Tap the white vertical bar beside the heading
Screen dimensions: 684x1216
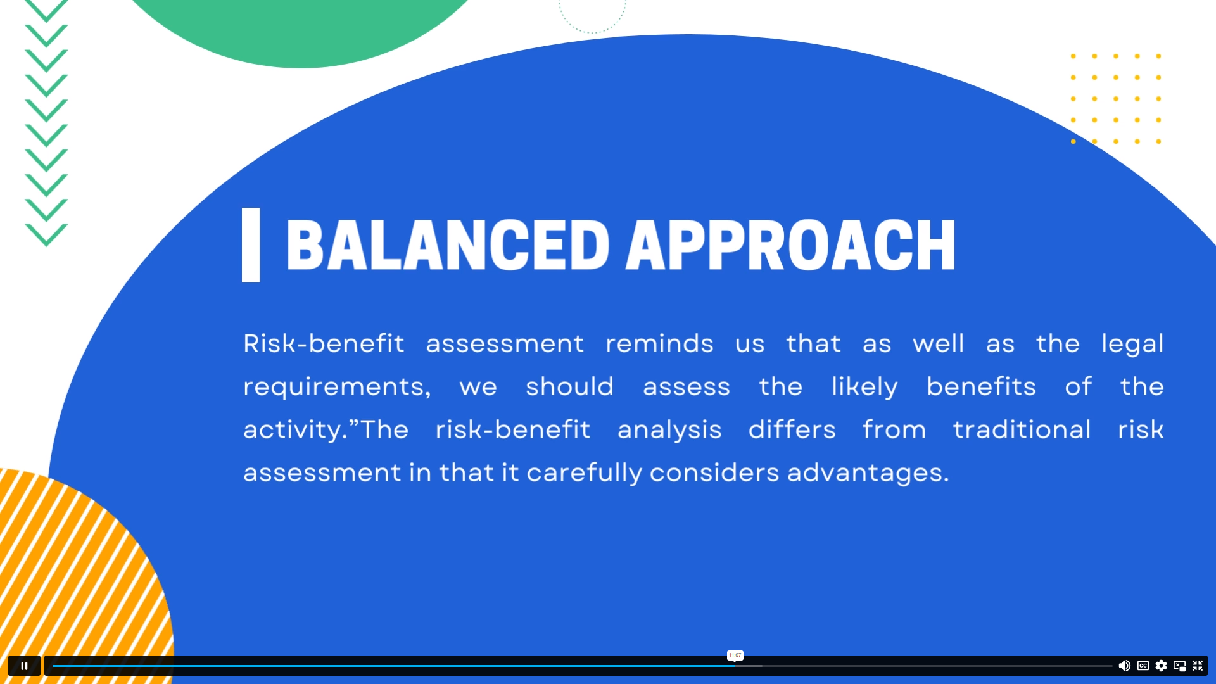pos(251,245)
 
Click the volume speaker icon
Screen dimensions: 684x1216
pos(1124,666)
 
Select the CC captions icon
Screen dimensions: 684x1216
pos(1143,666)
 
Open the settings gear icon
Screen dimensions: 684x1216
pos(1161,666)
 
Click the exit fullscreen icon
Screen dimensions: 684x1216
pos(1198,666)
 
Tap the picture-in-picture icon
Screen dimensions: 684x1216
pos(1179,666)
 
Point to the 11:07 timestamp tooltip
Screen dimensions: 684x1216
pos(735,655)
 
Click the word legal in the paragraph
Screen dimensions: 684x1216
pos(1132,344)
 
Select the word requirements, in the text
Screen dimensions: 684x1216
pos(337,387)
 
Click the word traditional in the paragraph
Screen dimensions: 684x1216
pos(1022,430)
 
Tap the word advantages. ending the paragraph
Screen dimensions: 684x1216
pos(868,473)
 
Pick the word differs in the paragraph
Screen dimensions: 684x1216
pos(792,430)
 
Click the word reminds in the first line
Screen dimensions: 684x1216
pos(659,344)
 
